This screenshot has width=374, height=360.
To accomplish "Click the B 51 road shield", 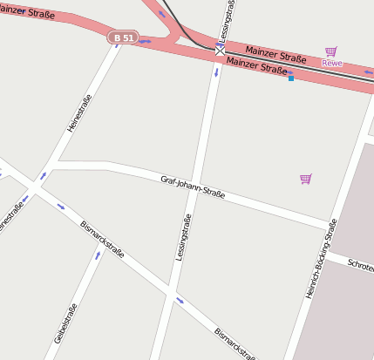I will (x=123, y=37).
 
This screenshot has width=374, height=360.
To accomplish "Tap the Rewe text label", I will (x=331, y=63).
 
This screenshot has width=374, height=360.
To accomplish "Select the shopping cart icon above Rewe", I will (x=330, y=51).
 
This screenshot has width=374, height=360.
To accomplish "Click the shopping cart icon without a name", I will (x=305, y=179).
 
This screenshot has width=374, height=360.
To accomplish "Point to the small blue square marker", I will (x=290, y=78).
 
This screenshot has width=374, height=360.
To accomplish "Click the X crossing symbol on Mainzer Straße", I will (x=220, y=51).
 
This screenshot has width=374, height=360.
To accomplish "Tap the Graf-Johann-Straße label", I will (x=193, y=187).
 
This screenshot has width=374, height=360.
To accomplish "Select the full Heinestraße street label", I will (x=78, y=114).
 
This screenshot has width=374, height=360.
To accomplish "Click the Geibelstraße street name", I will (x=65, y=323).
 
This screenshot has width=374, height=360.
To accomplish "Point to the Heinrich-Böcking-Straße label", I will (x=321, y=259).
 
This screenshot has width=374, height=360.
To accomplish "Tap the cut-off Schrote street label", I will (x=360, y=264).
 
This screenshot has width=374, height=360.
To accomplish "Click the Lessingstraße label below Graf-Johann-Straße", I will (x=183, y=237).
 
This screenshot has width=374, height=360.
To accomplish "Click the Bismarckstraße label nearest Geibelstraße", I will (x=102, y=239).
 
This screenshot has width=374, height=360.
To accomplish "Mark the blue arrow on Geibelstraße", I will (x=98, y=255).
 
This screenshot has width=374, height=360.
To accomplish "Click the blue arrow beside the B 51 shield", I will (x=145, y=41).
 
